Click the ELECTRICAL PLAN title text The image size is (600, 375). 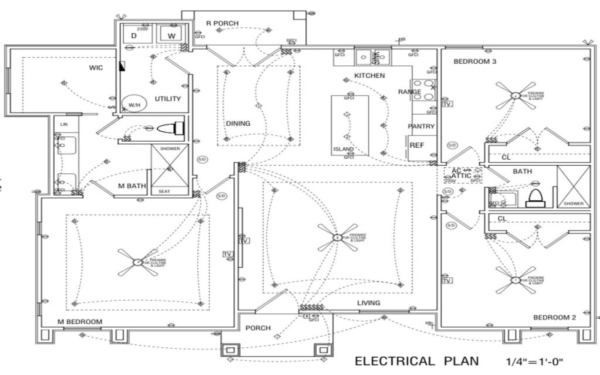tap(416, 361)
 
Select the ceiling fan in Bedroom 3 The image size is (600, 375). tap(514, 95)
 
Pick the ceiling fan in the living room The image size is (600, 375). tap(335, 239)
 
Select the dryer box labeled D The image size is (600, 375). tap(134, 35)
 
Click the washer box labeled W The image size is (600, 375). tap(170, 35)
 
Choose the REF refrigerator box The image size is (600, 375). tap(417, 145)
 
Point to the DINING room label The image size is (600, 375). tap(238, 124)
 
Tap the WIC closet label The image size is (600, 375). tap(96, 67)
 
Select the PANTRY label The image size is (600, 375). tap(421, 126)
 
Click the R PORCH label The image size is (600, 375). tap(222, 23)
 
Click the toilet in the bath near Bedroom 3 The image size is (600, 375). tap(535, 196)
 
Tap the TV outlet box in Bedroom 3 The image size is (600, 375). tap(447, 103)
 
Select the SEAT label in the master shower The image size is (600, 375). tap(163, 191)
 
